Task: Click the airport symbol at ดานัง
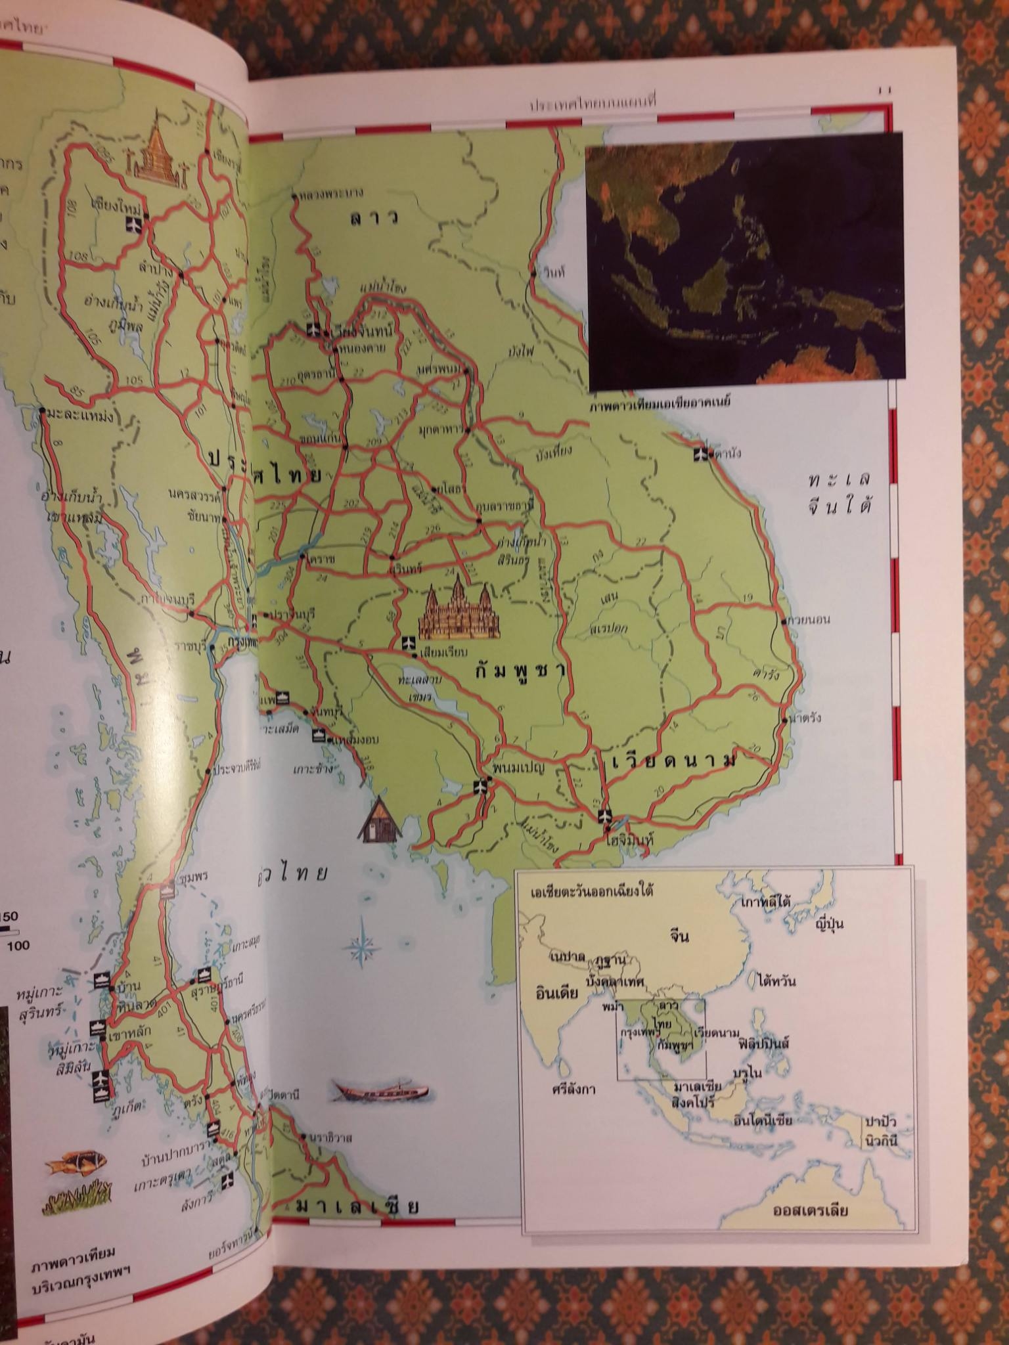point(702,453)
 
